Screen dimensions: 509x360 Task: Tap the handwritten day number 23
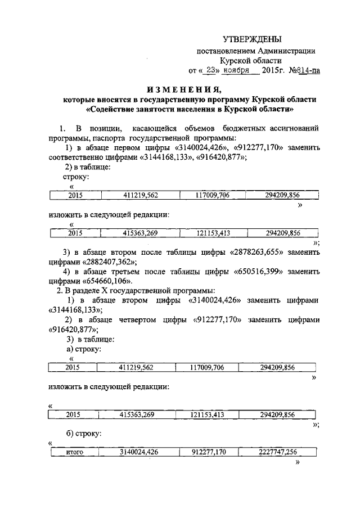(211, 71)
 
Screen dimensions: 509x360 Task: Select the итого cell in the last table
(75, 452)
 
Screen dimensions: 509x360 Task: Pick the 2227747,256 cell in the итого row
(278, 452)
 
